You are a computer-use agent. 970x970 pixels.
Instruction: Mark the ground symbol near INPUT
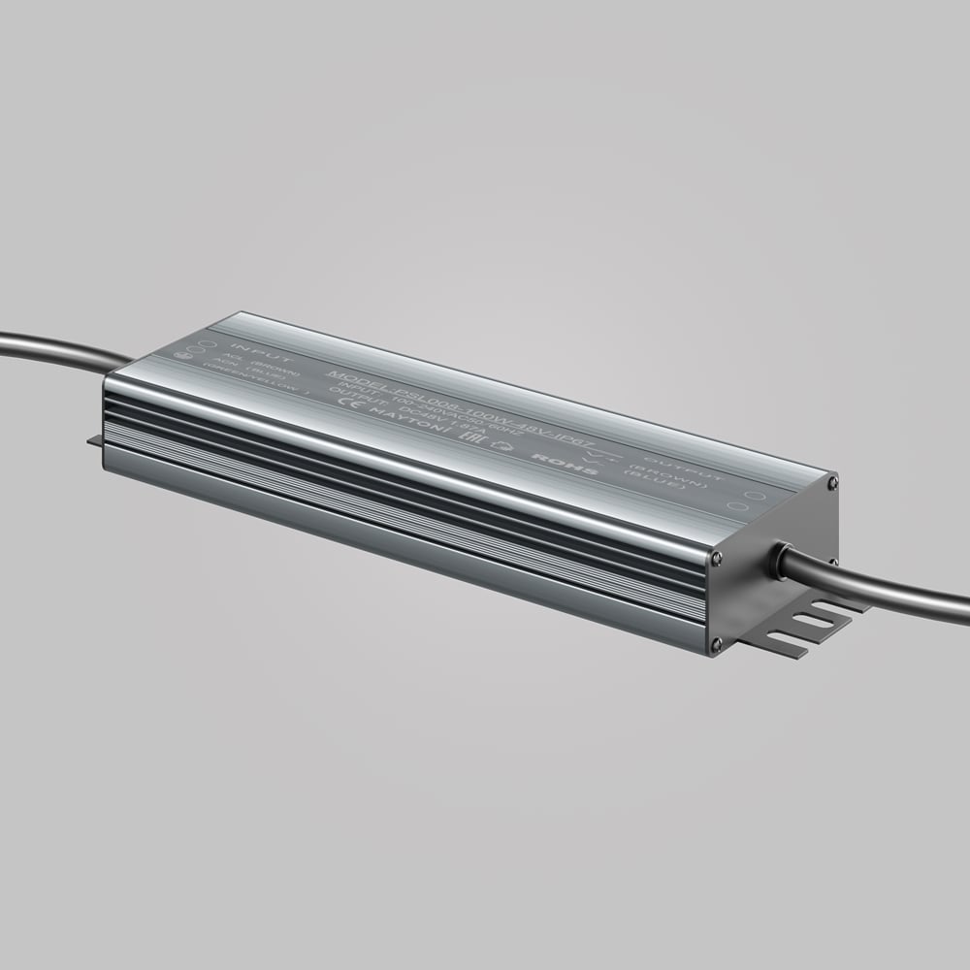(182, 355)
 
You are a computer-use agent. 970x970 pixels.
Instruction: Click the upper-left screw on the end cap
(717, 557)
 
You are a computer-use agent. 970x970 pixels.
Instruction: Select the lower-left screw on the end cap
(716, 641)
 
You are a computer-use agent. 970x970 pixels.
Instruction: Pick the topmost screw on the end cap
(832, 477)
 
